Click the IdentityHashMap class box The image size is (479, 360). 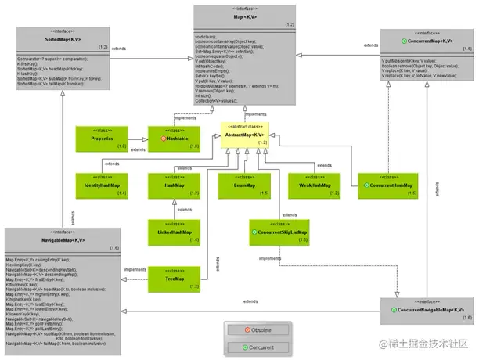103,185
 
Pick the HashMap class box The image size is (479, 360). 174,185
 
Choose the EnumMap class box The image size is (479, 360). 243,185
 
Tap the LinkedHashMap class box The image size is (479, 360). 174,232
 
